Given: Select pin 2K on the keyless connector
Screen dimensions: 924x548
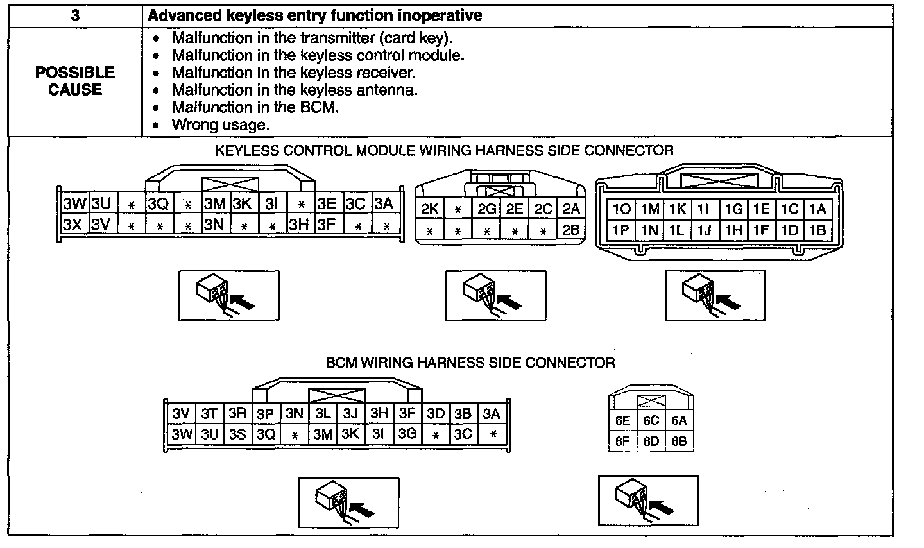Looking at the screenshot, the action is (x=429, y=209).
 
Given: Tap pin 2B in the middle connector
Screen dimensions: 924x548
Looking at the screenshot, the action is (x=570, y=229).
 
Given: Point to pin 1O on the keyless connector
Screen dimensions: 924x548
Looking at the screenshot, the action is (x=621, y=209).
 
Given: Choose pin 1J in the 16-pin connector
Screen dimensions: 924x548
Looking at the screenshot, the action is (x=704, y=230).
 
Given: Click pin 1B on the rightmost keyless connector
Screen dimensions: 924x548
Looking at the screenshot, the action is (x=817, y=230).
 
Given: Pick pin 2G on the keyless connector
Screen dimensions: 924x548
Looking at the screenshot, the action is (x=486, y=209).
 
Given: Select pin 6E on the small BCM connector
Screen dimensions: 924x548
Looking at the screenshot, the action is (x=622, y=421).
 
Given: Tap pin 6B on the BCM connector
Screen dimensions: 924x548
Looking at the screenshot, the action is (x=680, y=441).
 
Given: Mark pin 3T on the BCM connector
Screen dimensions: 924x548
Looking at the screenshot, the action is (x=209, y=413).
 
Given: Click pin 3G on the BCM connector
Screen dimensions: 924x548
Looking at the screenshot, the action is (x=407, y=434).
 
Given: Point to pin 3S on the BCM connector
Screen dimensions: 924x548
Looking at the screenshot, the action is (x=237, y=434).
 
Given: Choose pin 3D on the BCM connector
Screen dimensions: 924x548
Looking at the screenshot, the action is (x=436, y=413).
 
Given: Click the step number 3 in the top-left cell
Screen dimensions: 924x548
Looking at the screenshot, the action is (x=75, y=15).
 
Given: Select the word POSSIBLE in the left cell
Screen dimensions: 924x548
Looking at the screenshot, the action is (x=75, y=73).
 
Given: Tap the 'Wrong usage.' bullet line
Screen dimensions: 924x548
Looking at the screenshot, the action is (x=220, y=124).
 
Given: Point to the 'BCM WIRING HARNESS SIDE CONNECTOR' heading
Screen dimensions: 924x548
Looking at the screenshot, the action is (x=470, y=363).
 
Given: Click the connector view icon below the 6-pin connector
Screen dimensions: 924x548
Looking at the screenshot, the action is (x=648, y=499).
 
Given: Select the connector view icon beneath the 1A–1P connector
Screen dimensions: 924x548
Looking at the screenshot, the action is (x=715, y=295).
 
